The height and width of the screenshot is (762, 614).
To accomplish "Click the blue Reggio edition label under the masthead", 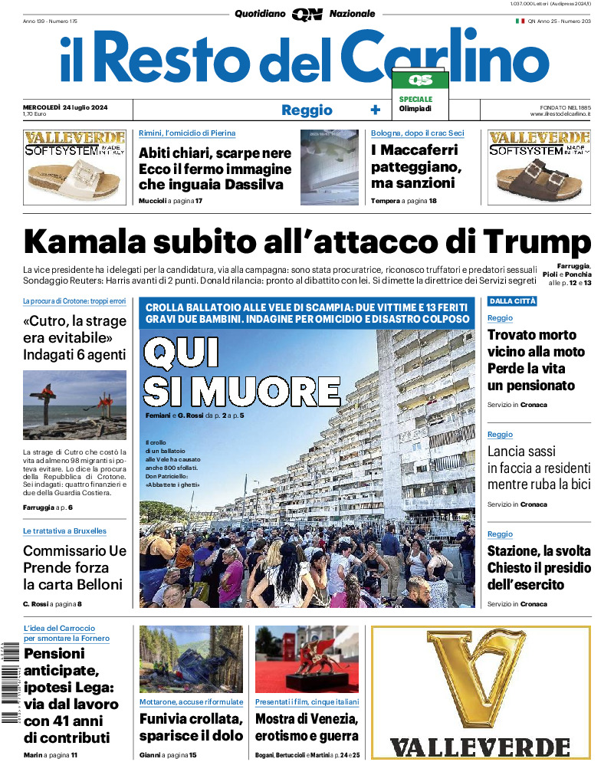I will click(307, 110).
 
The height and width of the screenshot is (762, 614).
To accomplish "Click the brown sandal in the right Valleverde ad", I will click(542, 181).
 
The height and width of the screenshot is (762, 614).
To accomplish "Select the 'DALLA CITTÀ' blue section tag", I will click(512, 301).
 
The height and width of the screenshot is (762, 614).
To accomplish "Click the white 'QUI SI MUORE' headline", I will click(241, 373).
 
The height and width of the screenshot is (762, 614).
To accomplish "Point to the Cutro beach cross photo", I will click(74, 405).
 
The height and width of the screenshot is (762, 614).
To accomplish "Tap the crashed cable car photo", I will click(191, 659).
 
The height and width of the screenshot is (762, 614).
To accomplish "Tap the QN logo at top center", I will click(307, 14).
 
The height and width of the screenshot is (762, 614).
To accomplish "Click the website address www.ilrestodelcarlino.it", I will click(559, 114).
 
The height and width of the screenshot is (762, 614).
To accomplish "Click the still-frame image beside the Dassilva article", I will click(329, 166).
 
